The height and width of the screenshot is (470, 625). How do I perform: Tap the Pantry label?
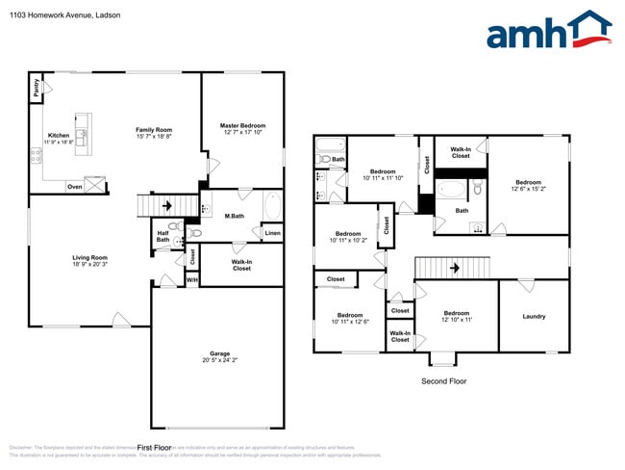[x=37, y=88]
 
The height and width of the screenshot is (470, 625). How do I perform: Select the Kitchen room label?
[x=59, y=136]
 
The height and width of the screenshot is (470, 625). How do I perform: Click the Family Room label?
[x=153, y=129]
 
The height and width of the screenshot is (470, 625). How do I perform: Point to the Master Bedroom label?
[x=242, y=126]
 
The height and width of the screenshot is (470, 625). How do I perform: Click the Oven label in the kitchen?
[x=74, y=187]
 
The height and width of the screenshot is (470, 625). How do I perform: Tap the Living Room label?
[x=90, y=257]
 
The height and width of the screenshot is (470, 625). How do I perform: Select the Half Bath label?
[x=162, y=236]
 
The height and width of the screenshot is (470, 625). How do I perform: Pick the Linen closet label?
[x=272, y=233]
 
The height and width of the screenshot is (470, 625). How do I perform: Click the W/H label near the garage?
[x=191, y=280]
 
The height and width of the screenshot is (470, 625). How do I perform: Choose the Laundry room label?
[x=534, y=316]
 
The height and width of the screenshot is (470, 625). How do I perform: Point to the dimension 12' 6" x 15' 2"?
[x=528, y=189]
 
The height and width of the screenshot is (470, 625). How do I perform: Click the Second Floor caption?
[x=444, y=381]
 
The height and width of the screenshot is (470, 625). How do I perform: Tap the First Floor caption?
[x=154, y=448]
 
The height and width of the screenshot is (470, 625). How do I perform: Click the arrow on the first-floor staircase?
[x=166, y=205]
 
